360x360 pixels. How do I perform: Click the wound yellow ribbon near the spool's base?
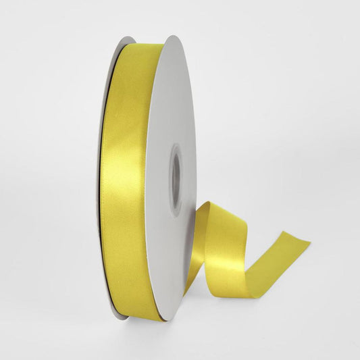tap(138, 304)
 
